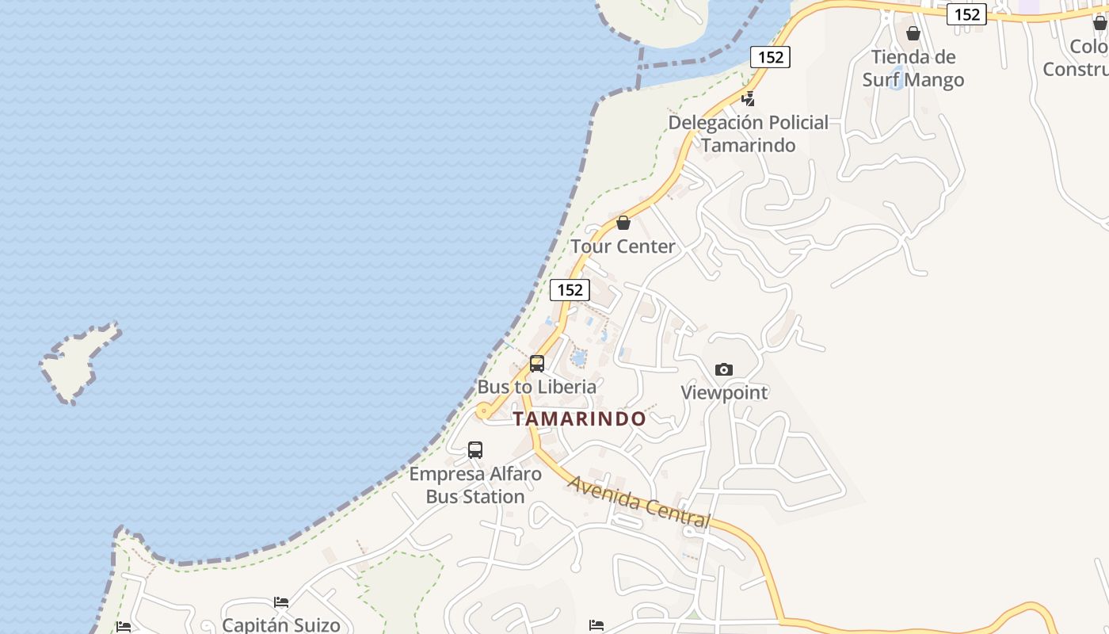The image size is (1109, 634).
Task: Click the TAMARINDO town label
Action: [x=579, y=419]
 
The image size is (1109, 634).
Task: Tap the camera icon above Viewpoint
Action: [x=723, y=369]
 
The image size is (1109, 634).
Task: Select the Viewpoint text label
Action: [x=724, y=392]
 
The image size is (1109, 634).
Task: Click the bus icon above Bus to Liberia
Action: [x=537, y=364]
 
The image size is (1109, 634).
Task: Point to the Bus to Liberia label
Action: [x=536, y=387]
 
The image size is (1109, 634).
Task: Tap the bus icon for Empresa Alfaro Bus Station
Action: [x=475, y=450]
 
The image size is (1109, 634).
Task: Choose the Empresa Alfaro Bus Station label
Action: [x=475, y=485]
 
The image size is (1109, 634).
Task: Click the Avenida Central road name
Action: [x=638, y=502]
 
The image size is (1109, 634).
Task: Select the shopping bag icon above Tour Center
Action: [x=623, y=223]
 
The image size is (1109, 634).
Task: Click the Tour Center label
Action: [x=623, y=246]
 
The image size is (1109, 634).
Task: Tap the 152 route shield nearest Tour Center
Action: [x=570, y=290]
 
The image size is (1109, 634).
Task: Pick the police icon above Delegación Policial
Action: [x=748, y=99]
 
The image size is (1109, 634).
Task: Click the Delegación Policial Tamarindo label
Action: [x=748, y=134]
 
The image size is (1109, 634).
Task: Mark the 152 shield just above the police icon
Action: [x=770, y=57]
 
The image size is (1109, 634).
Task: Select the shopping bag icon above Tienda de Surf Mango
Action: [x=913, y=33]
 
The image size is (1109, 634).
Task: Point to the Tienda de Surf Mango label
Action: [x=913, y=68]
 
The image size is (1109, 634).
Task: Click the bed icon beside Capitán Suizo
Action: [x=281, y=602]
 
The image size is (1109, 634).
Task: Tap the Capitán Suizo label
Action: [x=281, y=624]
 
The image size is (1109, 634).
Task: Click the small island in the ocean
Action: [x=79, y=361]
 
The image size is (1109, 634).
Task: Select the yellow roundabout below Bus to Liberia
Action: [x=482, y=411]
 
